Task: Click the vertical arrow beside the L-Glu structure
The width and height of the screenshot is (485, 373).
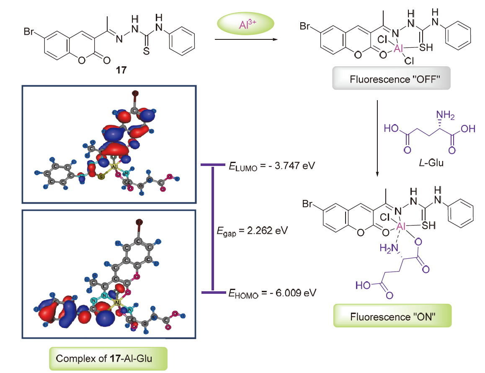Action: (378, 138)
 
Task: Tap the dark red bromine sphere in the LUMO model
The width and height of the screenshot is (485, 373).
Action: (135, 92)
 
